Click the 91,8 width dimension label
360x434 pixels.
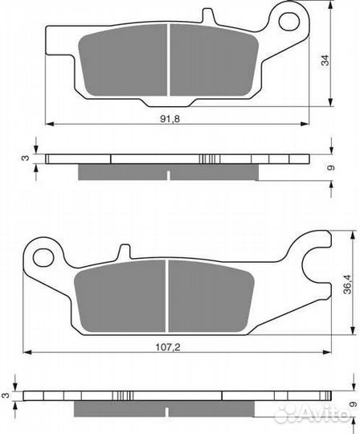pos(170,119)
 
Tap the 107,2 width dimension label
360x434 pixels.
pos(168,347)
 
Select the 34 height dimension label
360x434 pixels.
pos(325,60)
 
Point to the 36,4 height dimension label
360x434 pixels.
pos(347,284)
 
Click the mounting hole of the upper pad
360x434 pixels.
pos(289,22)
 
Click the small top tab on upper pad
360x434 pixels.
pos(208,16)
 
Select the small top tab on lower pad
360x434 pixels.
pos(124,252)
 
